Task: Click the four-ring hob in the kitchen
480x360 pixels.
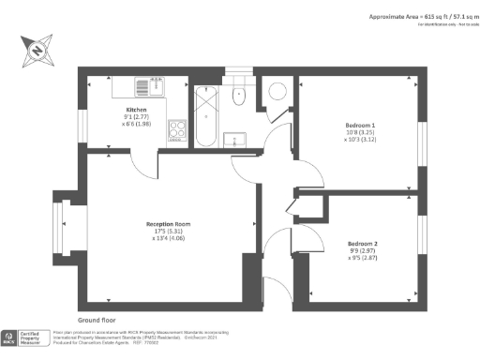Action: pyautogui.click(x=177, y=129)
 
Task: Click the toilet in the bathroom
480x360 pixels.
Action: pyautogui.click(x=237, y=91)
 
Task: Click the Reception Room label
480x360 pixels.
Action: pyautogui.click(x=168, y=224)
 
